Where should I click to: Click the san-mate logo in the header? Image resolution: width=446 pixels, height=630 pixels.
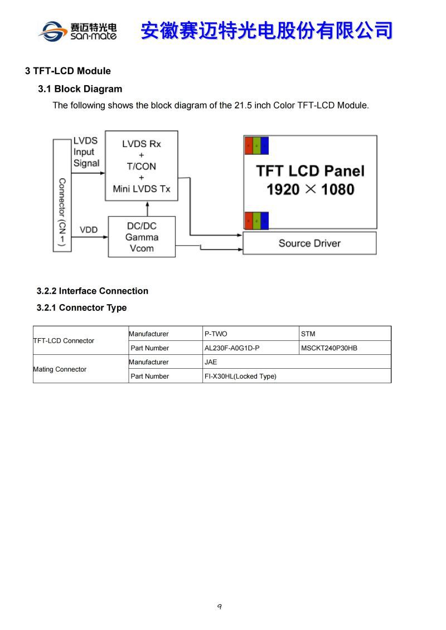[x=77, y=31]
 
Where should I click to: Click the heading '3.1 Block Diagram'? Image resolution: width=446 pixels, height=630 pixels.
[x=80, y=89]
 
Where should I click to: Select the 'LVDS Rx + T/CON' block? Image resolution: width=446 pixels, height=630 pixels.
[x=142, y=165]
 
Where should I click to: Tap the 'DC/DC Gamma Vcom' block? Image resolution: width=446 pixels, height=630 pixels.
[x=142, y=237]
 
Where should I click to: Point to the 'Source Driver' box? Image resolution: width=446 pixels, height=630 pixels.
[x=309, y=243]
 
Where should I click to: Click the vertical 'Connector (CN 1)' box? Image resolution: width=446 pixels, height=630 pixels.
[x=62, y=195]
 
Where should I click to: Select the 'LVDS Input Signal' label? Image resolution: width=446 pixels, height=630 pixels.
[x=86, y=152]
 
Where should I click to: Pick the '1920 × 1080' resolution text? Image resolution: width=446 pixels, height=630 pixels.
[x=310, y=190]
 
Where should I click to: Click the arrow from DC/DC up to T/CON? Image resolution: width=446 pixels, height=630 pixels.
[x=148, y=208]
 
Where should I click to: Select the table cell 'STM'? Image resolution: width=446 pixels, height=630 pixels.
[x=308, y=334]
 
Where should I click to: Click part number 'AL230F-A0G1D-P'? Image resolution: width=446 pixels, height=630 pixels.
[x=232, y=348]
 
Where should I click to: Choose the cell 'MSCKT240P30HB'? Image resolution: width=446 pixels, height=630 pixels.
[x=329, y=348]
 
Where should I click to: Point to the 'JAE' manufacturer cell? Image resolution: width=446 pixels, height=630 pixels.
[x=211, y=362]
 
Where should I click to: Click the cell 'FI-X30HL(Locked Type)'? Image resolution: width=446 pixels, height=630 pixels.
[x=240, y=377]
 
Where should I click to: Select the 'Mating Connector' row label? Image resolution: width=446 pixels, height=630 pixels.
[x=60, y=369]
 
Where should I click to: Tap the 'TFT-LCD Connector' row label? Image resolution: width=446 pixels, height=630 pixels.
[x=64, y=341]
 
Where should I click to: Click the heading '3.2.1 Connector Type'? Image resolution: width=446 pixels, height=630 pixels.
[x=81, y=307]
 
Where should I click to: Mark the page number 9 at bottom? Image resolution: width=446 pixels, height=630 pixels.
[x=220, y=607]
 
